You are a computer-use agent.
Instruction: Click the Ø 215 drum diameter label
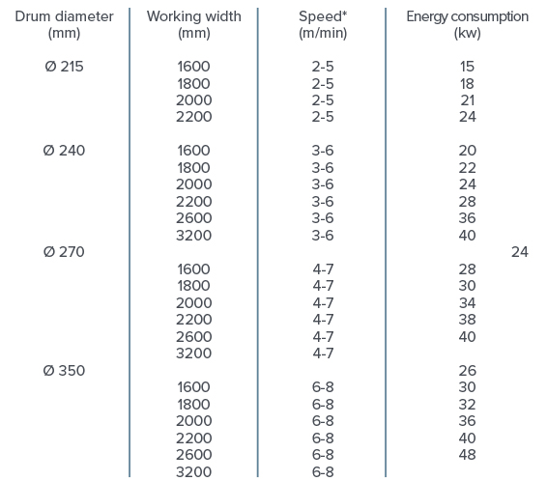pos(64,67)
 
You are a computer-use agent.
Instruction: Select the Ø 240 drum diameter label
pos(64,151)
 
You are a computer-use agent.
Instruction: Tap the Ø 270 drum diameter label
pos(64,252)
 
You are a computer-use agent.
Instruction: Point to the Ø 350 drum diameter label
pos(64,370)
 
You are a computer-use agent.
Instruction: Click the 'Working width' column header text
pos(193,16)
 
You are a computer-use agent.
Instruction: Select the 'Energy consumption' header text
pos(467,16)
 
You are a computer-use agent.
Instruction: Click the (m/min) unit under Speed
pos(323,33)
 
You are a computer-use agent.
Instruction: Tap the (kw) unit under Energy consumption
pos(467,33)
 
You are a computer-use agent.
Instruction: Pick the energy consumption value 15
pos(467,67)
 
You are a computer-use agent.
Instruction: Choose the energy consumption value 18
pos(467,84)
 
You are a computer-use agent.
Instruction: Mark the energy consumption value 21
pos(468,100)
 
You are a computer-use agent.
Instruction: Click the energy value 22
pos(468,168)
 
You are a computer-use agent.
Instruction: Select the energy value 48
pos(468,455)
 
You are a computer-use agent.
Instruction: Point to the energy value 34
pos(468,303)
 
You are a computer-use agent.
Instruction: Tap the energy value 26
pos(468,370)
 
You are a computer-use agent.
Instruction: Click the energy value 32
pos(468,405)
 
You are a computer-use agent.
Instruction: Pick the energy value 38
pos(468,320)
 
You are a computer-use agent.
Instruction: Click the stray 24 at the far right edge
pos(520,252)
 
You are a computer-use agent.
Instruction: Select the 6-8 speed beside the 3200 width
pos(323,472)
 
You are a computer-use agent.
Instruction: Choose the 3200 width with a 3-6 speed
pos(193,236)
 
